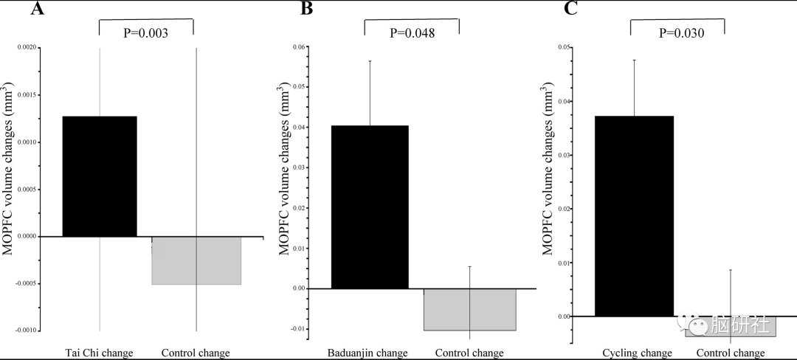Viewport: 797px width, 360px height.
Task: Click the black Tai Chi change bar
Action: click(x=99, y=176)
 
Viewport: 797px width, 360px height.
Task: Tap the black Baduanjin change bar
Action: click(x=370, y=207)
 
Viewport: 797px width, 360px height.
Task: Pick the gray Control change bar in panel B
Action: click(x=470, y=309)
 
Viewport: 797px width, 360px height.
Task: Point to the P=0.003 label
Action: click(x=146, y=33)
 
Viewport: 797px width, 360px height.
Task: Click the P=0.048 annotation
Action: click(x=412, y=33)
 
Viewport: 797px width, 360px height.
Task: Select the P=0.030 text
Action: click(x=677, y=33)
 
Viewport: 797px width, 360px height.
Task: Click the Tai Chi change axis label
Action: click(x=98, y=353)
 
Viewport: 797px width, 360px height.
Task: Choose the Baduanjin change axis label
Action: click(x=368, y=353)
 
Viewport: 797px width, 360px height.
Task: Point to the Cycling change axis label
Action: click(x=637, y=353)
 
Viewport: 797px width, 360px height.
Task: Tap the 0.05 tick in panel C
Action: click(x=564, y=48)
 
